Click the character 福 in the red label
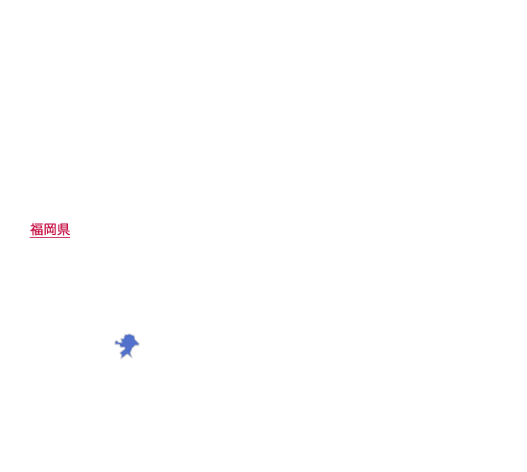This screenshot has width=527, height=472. coord(36,229)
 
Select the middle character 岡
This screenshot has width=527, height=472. coord(50,229)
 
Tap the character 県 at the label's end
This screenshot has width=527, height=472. coord(63,229)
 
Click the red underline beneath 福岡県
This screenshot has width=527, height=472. coord(50,237)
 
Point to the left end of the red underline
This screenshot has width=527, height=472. coord(30,237)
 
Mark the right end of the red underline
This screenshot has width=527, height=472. coord(70,237)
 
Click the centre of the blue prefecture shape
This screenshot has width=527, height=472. coord(127,344)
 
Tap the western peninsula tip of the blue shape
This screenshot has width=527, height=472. coord(115,342)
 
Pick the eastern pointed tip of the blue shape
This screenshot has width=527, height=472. coord(139,344)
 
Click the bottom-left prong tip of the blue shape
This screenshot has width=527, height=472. coord(122,358)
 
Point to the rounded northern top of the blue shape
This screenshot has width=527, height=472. coord(128,335)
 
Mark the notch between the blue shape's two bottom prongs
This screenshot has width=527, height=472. coord(126,354)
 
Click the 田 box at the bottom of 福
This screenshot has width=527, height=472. coord(38,232)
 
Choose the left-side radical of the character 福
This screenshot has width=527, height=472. coord(33,229)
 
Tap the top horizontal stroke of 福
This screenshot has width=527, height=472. coord(38,224)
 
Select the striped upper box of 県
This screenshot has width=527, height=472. coord(64,226)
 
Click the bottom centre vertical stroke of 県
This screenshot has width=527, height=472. coord(63,233)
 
